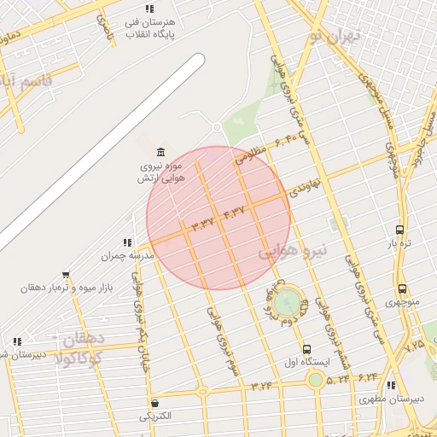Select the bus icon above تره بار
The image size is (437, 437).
point(399,230)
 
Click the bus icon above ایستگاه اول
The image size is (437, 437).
point(307,349)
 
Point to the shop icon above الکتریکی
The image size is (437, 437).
point(154,403)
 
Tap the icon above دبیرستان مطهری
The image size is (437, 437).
point(391,386)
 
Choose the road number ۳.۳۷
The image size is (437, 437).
point(203,224)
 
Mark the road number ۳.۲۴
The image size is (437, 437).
point(262,386)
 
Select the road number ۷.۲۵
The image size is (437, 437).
point(415,346)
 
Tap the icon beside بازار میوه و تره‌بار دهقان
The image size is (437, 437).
point(66,275)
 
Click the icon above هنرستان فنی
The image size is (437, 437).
point(150,9)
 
